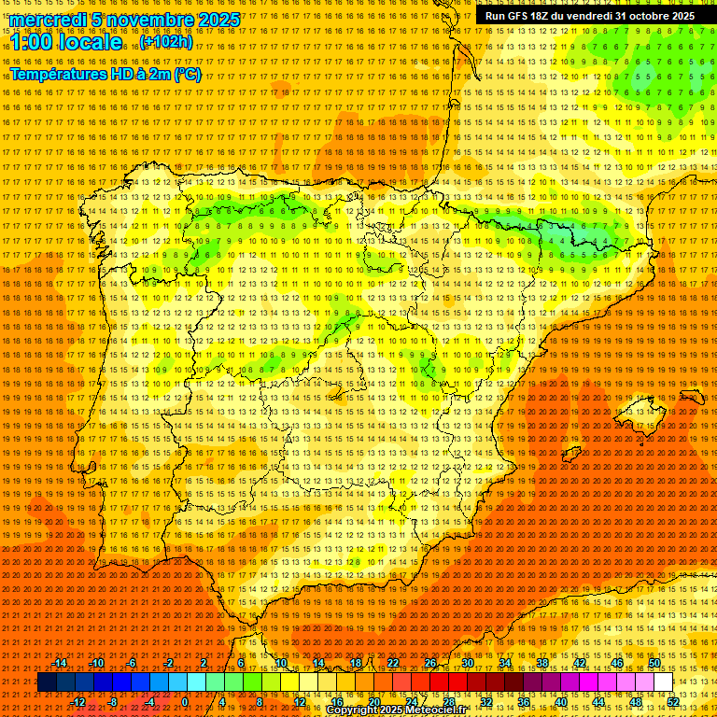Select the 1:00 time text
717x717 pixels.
coord(33,42)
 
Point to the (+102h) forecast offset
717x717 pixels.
coord(167,42)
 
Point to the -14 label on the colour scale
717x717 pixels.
coord(60,663)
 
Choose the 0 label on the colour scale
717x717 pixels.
coord(185,702)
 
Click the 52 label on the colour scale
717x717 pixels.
coord(674,702)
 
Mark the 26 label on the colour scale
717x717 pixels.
coord(430,663)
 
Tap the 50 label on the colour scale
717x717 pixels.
coord(654,663)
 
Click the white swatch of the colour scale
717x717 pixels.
coord(664,682)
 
